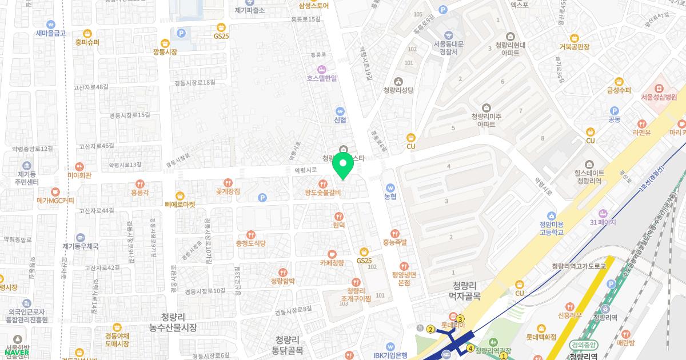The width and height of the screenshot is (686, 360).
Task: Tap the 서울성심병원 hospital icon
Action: click(x=659, y=88)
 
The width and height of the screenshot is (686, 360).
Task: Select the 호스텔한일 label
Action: click(x=322, y=78)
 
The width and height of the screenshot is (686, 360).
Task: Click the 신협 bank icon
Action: click(x=340, y=111)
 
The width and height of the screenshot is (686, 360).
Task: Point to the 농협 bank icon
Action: click(x=390, y=187)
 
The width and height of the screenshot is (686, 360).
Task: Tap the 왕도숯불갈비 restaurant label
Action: click(x=323, y=193)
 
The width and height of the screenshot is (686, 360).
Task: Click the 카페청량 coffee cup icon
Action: click(x=332, y=254)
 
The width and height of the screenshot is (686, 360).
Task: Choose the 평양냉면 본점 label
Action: click(x=404, y=278)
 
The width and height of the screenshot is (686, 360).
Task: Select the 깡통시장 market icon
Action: click(x=165, y=43)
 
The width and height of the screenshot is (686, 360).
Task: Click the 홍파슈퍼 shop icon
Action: click(x=87, y=33)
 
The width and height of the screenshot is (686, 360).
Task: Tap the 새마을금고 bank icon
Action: click(x=51, y=25)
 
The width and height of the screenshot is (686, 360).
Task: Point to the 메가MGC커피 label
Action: click(x=55, y=201)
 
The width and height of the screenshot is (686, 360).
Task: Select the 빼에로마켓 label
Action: click(x=180, y=204)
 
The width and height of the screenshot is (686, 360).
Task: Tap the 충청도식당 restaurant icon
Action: click(x=251, y=235)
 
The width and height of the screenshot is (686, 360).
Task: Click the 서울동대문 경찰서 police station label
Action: click(x=448, y=47)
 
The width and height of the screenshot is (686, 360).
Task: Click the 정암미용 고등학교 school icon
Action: click(x=551, y=216)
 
